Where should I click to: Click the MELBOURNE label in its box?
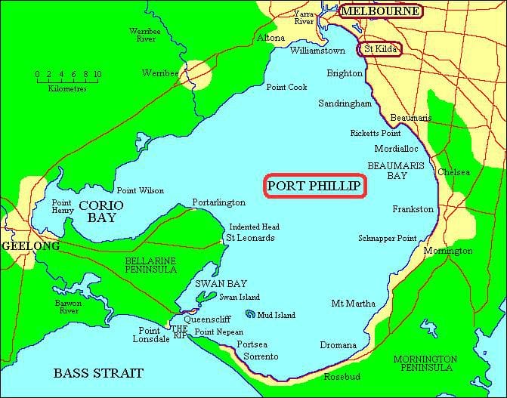(381, 11)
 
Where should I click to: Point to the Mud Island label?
(275, 314)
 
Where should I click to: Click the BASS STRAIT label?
(98, 373)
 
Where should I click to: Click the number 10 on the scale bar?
(97, 74)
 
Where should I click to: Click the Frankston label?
(413, 208)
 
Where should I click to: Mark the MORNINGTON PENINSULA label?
(425, 363)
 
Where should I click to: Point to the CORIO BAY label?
(101, 211)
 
